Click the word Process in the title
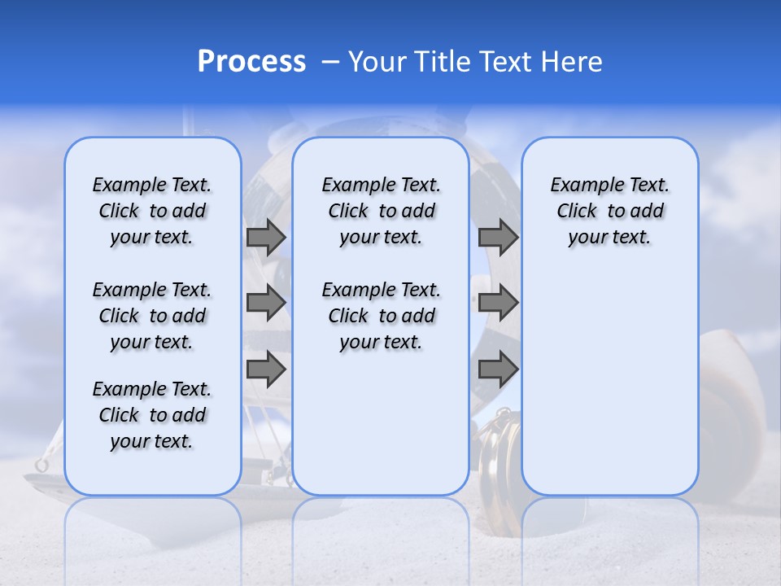coord(251,62)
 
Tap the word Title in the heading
coord(444,62)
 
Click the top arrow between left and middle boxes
coord(266,237)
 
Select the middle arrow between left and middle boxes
coord(266,303)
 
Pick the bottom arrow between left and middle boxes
coord(266,369)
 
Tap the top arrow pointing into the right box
coord(498,237)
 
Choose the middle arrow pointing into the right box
coord(498,303)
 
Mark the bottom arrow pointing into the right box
coord(498,369)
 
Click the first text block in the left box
coord(152,211)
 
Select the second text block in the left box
coord(152,316)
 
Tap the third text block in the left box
coord(152,415)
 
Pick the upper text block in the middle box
coord(381,211)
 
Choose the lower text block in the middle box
coord(381,316)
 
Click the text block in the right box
coord(610,211)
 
